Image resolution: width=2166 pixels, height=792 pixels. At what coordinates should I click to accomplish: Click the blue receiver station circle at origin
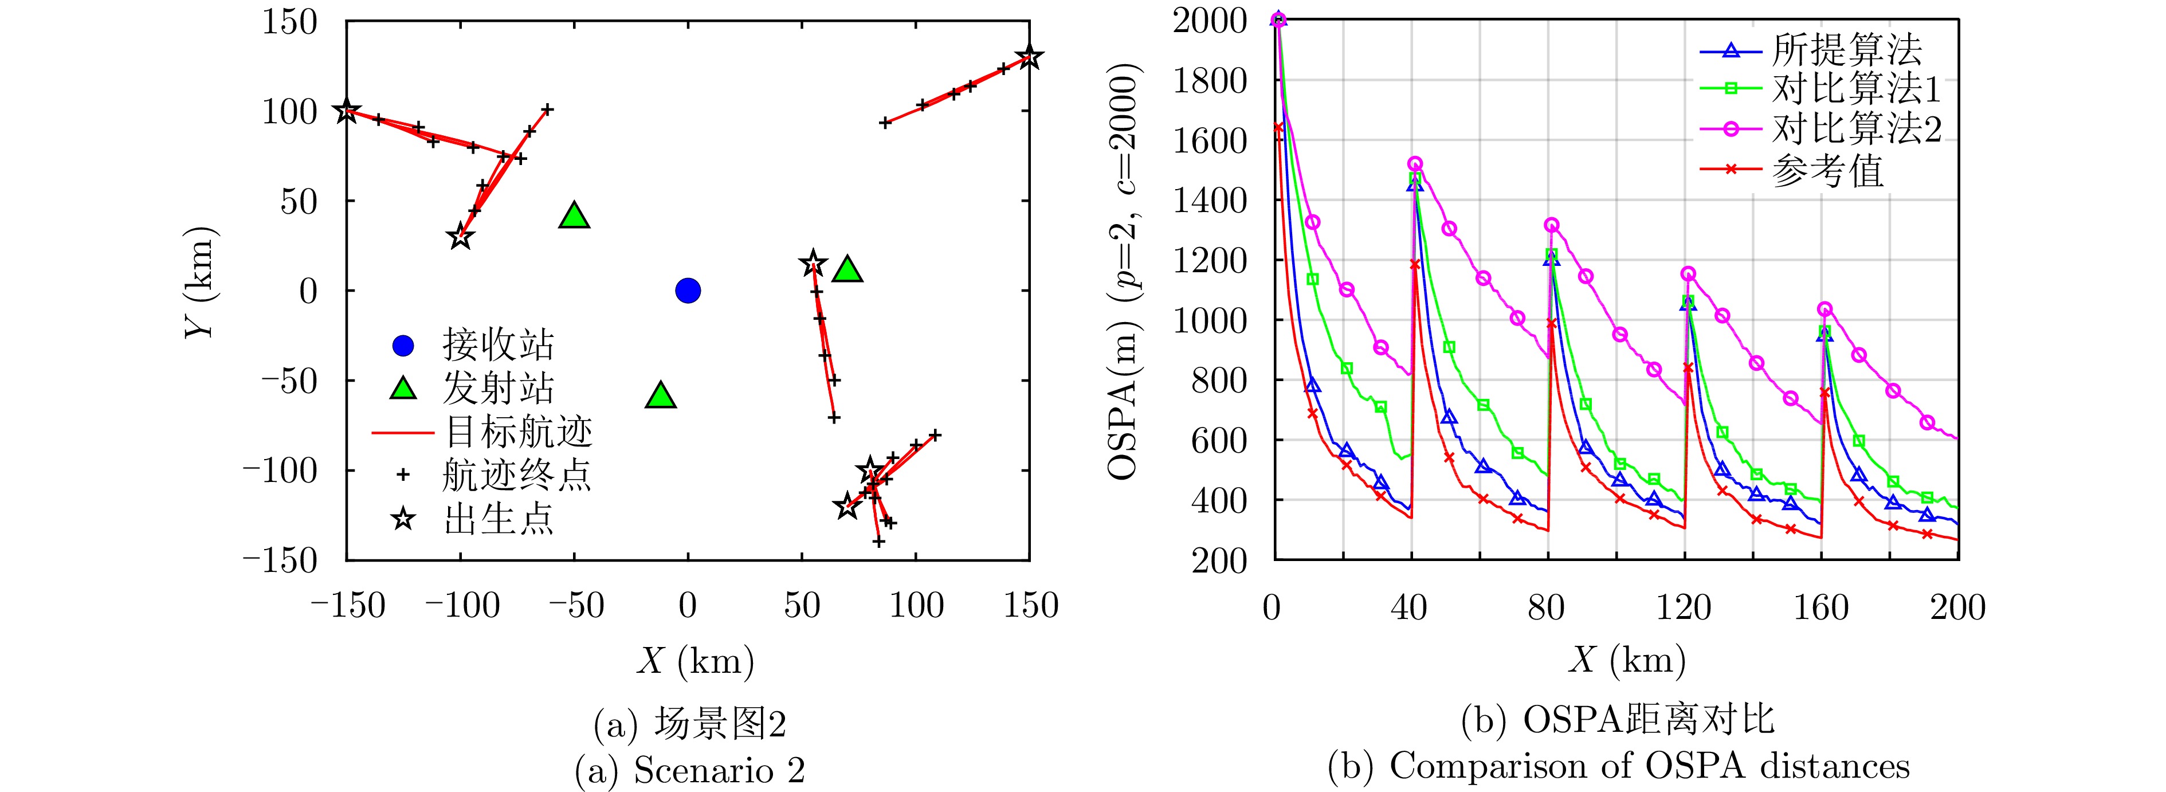[688, 291]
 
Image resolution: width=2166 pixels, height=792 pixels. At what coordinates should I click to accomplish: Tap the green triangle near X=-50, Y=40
[574, 216]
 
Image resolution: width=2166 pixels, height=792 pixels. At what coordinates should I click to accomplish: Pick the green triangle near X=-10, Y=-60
[661, 396]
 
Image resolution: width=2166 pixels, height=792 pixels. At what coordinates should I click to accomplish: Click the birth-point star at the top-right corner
[1029, 58]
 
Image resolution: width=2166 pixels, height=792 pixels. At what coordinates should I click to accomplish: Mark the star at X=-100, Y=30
[459, 237]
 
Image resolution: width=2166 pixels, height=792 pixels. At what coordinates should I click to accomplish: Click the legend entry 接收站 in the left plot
[498, 345]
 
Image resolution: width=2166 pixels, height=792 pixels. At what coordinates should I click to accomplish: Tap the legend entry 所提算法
[1846, 50]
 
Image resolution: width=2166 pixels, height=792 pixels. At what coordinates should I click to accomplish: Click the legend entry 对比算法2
[1857, 128]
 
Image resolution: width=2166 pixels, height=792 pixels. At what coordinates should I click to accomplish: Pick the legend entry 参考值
[1828, 170]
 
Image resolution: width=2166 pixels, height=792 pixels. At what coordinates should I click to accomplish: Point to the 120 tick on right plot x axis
[1684, 607]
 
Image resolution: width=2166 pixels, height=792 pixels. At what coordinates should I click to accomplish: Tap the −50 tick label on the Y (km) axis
[282, 381]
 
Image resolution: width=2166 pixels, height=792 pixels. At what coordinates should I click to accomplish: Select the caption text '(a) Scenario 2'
[689, 769]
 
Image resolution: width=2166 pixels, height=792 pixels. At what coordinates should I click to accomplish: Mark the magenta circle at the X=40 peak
[1415, 164]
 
